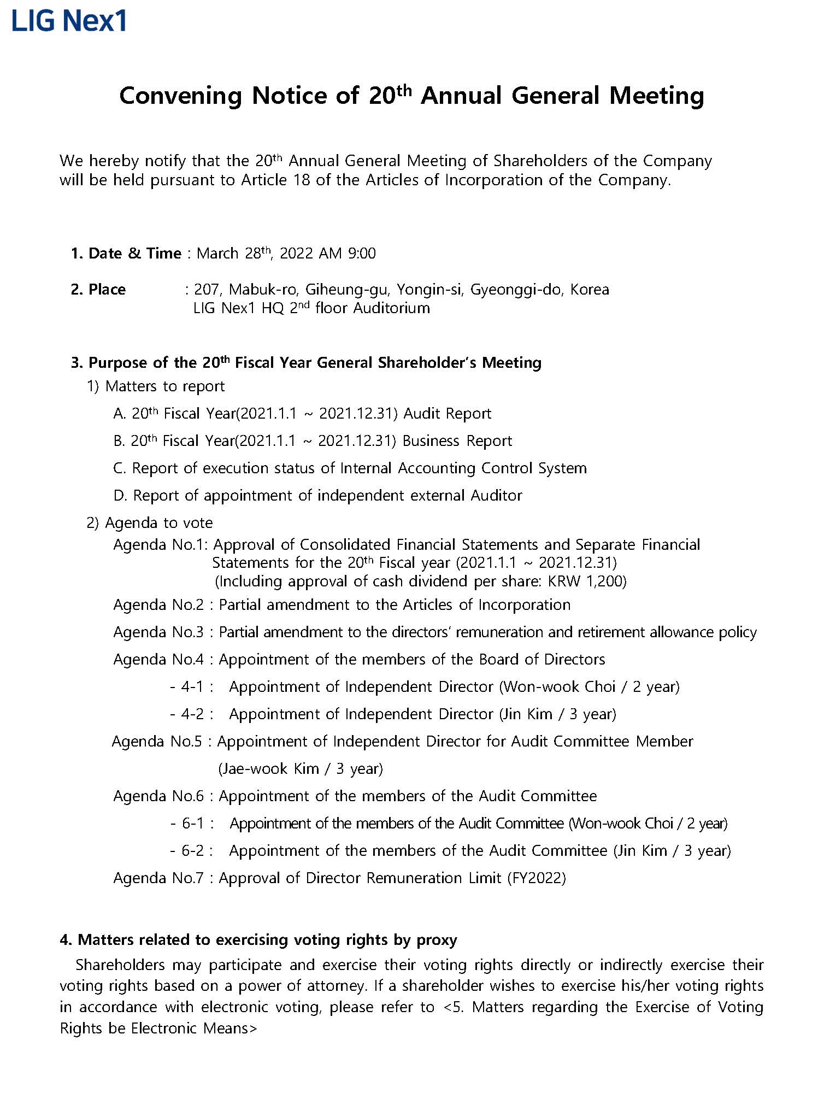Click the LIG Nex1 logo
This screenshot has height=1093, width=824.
point(69,21)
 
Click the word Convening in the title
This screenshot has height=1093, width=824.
point(180,96)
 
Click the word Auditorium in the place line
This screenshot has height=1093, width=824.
point(391,308)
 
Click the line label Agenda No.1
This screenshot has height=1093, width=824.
point(161,545)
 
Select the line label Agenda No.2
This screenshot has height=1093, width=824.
point(158,605)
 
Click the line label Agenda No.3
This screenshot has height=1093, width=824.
point(158,632)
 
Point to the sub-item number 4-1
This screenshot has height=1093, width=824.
point(192,687)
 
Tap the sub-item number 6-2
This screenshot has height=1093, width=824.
point(192,851)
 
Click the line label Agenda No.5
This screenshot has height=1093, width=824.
point(157,742)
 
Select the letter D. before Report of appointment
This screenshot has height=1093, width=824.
point(120,496)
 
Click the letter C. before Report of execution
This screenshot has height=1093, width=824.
point(120,468)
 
